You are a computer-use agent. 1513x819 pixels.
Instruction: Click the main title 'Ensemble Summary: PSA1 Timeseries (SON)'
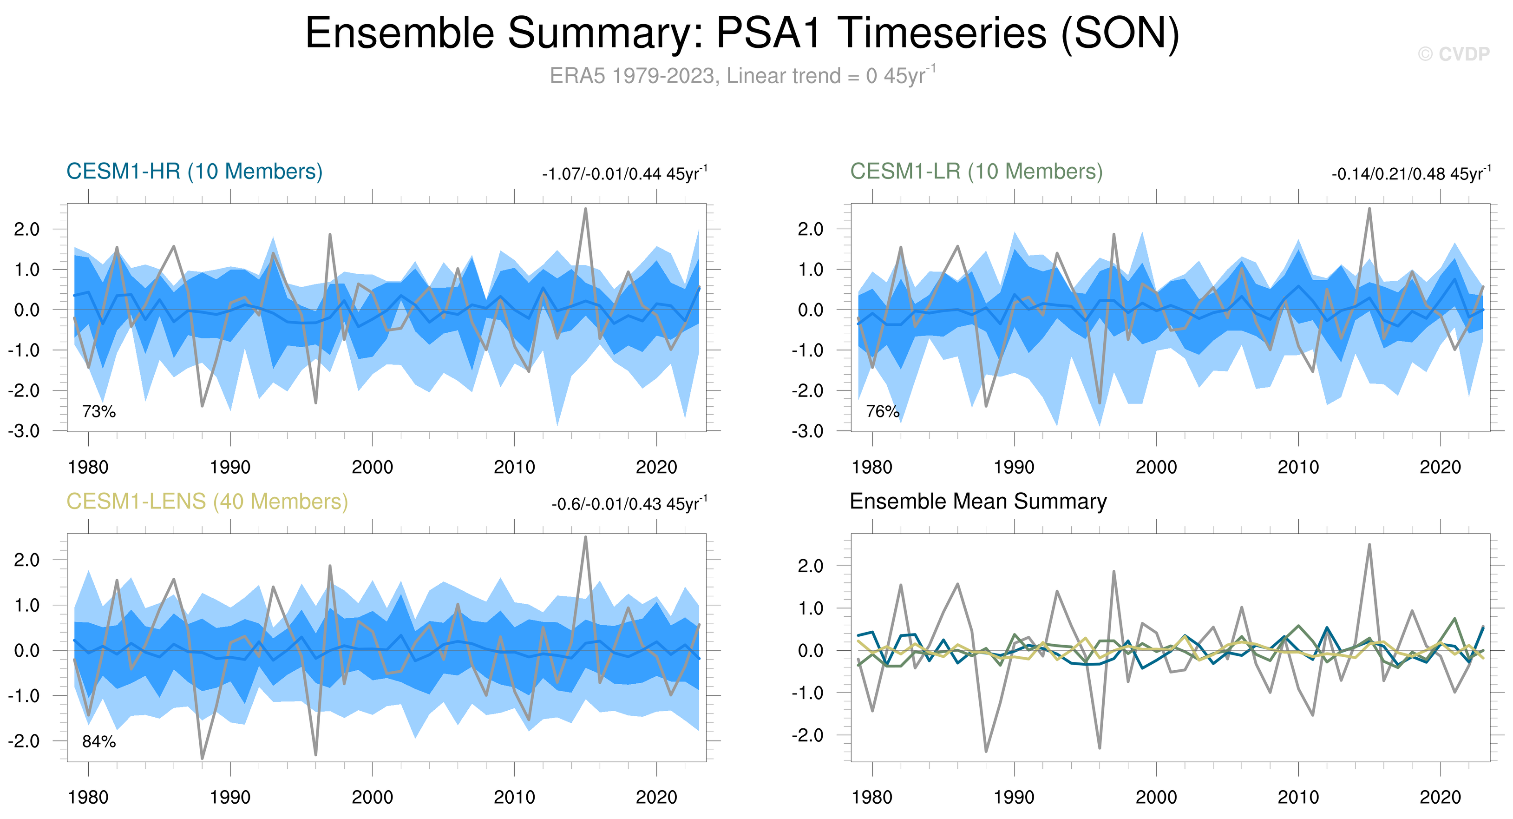tap(742, 33)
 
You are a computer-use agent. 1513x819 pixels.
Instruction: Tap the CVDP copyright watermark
tap(1454, 54)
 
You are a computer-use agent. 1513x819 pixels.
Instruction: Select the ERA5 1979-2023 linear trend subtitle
tap(742, 75)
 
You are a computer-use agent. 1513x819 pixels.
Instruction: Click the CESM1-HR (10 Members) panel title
tap(195, 172)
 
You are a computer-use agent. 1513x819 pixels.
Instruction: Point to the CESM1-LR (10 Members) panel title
tap(976, 172)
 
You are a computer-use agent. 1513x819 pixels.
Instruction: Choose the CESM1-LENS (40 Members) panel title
tap(207, 502)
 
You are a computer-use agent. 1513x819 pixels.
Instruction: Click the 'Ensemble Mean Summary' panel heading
tap(978, 501)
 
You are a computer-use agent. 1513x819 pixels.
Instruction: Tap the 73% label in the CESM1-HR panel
tap(98, 412)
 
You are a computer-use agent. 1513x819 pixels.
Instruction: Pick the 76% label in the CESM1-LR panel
tap(883, 412)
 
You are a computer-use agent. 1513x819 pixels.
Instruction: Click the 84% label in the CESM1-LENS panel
tap(98, 742)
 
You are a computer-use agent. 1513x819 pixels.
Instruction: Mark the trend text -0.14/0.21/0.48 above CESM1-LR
tap(1411, 173)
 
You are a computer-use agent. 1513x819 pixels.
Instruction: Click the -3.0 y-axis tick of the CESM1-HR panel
tap(24, 431)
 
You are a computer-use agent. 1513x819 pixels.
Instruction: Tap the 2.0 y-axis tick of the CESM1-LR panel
tap(811, 229)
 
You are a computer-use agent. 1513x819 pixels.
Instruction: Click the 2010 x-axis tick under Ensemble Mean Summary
tap(1298, 797)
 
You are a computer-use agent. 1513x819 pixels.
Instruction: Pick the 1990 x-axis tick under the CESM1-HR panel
tap(230, 467)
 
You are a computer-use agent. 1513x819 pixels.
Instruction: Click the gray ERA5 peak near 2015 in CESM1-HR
tap(586, 209)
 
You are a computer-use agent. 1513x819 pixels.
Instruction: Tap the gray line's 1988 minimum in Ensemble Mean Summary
tap(986, 751)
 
